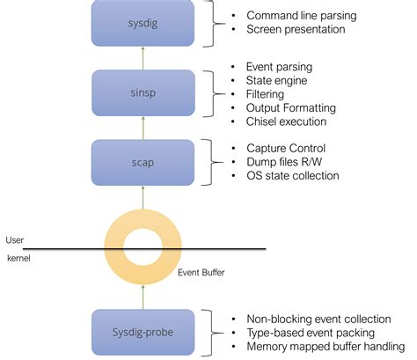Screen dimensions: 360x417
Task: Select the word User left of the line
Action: click(15, 239)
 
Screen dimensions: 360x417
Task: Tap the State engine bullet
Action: click(276, 80)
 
